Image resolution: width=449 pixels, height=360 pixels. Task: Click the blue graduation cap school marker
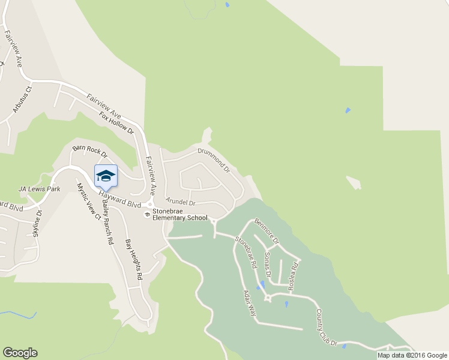[x=106, y=175]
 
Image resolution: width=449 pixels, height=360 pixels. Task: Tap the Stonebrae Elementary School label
[x=179, y=215]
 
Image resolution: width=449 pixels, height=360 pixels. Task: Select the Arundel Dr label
[x=181, y=203]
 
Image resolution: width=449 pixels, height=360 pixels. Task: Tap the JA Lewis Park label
[x=40, y=189]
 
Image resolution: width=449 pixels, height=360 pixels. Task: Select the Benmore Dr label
[x=267, y=231]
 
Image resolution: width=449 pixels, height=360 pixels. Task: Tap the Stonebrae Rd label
[x=246, y=252]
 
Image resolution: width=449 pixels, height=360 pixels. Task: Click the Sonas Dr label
[x=268, y=265]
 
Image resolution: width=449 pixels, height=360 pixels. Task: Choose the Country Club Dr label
[x=327, y=328]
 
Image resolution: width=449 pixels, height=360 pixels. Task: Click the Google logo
[x=20, y=353]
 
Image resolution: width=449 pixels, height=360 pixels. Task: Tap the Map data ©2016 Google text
[x=412, y=355]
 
